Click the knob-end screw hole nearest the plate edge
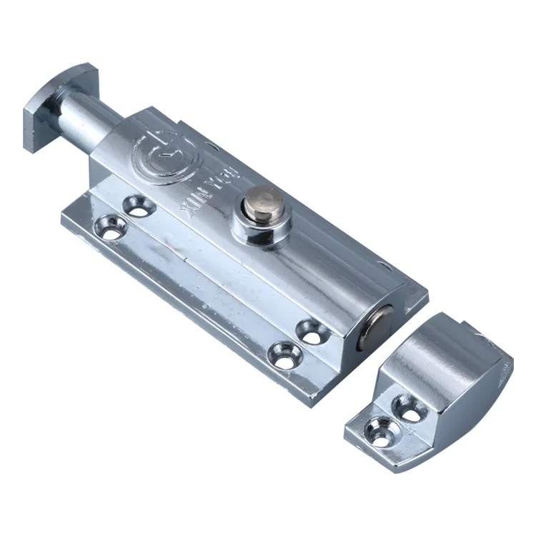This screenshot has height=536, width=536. pos(111,227)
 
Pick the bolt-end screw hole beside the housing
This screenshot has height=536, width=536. pos(312,331)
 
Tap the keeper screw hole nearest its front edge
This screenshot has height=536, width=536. pos(378,430)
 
